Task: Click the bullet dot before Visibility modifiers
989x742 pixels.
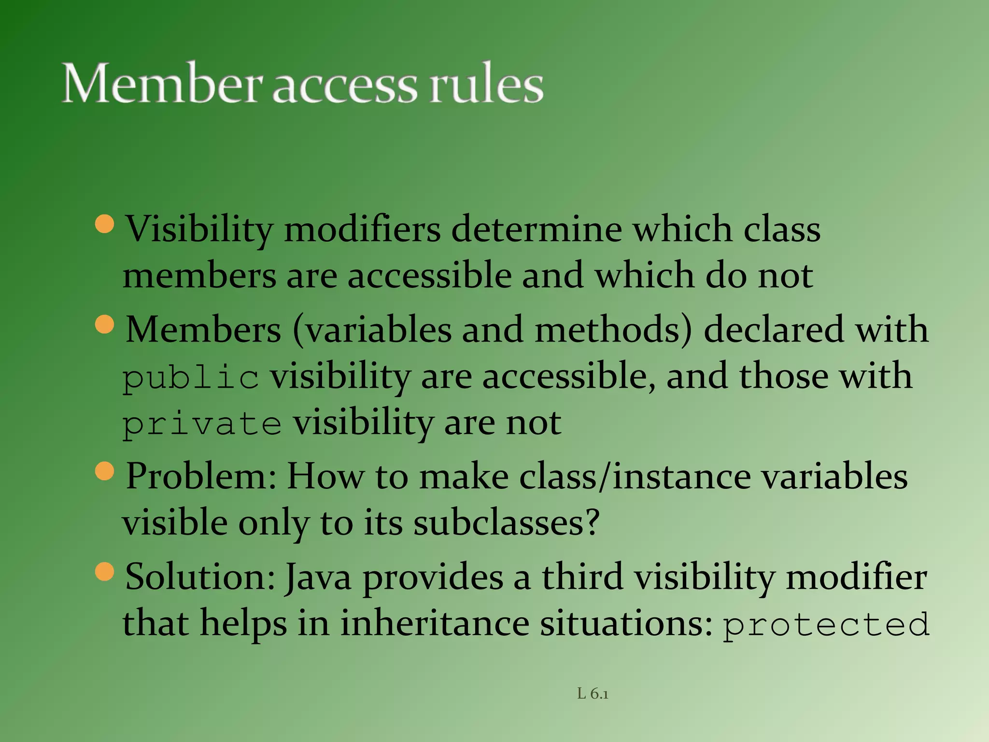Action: pos(105,224)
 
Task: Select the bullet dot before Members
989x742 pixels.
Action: pos(105,325)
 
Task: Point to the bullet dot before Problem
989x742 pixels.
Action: pos(105,471)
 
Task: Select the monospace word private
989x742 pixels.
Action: pos(202,424)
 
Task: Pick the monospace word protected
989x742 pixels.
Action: pos(826,624)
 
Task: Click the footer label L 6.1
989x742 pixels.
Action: pos(593,694)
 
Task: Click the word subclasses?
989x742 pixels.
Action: pos(506,523)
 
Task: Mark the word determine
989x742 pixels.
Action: pos(537,229)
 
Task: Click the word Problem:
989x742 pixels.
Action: pos(201,477)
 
